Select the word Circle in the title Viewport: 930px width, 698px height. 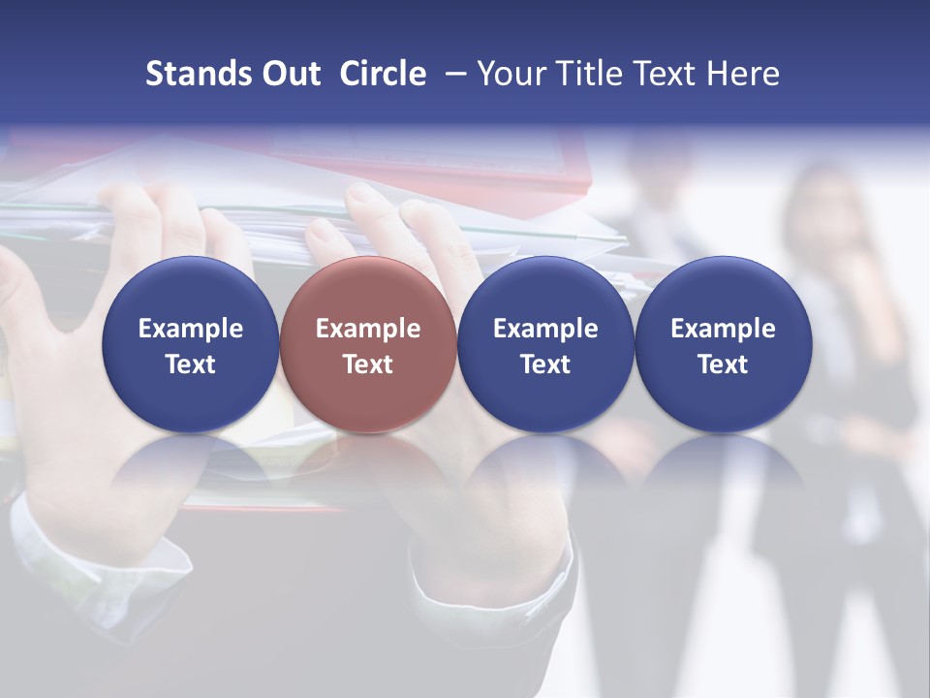coord(383,74)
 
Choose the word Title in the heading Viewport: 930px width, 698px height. coord(592,74)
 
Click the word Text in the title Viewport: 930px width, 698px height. coord(666,74)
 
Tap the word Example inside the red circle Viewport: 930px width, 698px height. coord(368,329)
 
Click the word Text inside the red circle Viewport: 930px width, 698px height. coord(368,365)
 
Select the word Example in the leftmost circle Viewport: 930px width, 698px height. coord(190,329)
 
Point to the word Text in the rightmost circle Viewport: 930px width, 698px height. coord(724,365)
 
